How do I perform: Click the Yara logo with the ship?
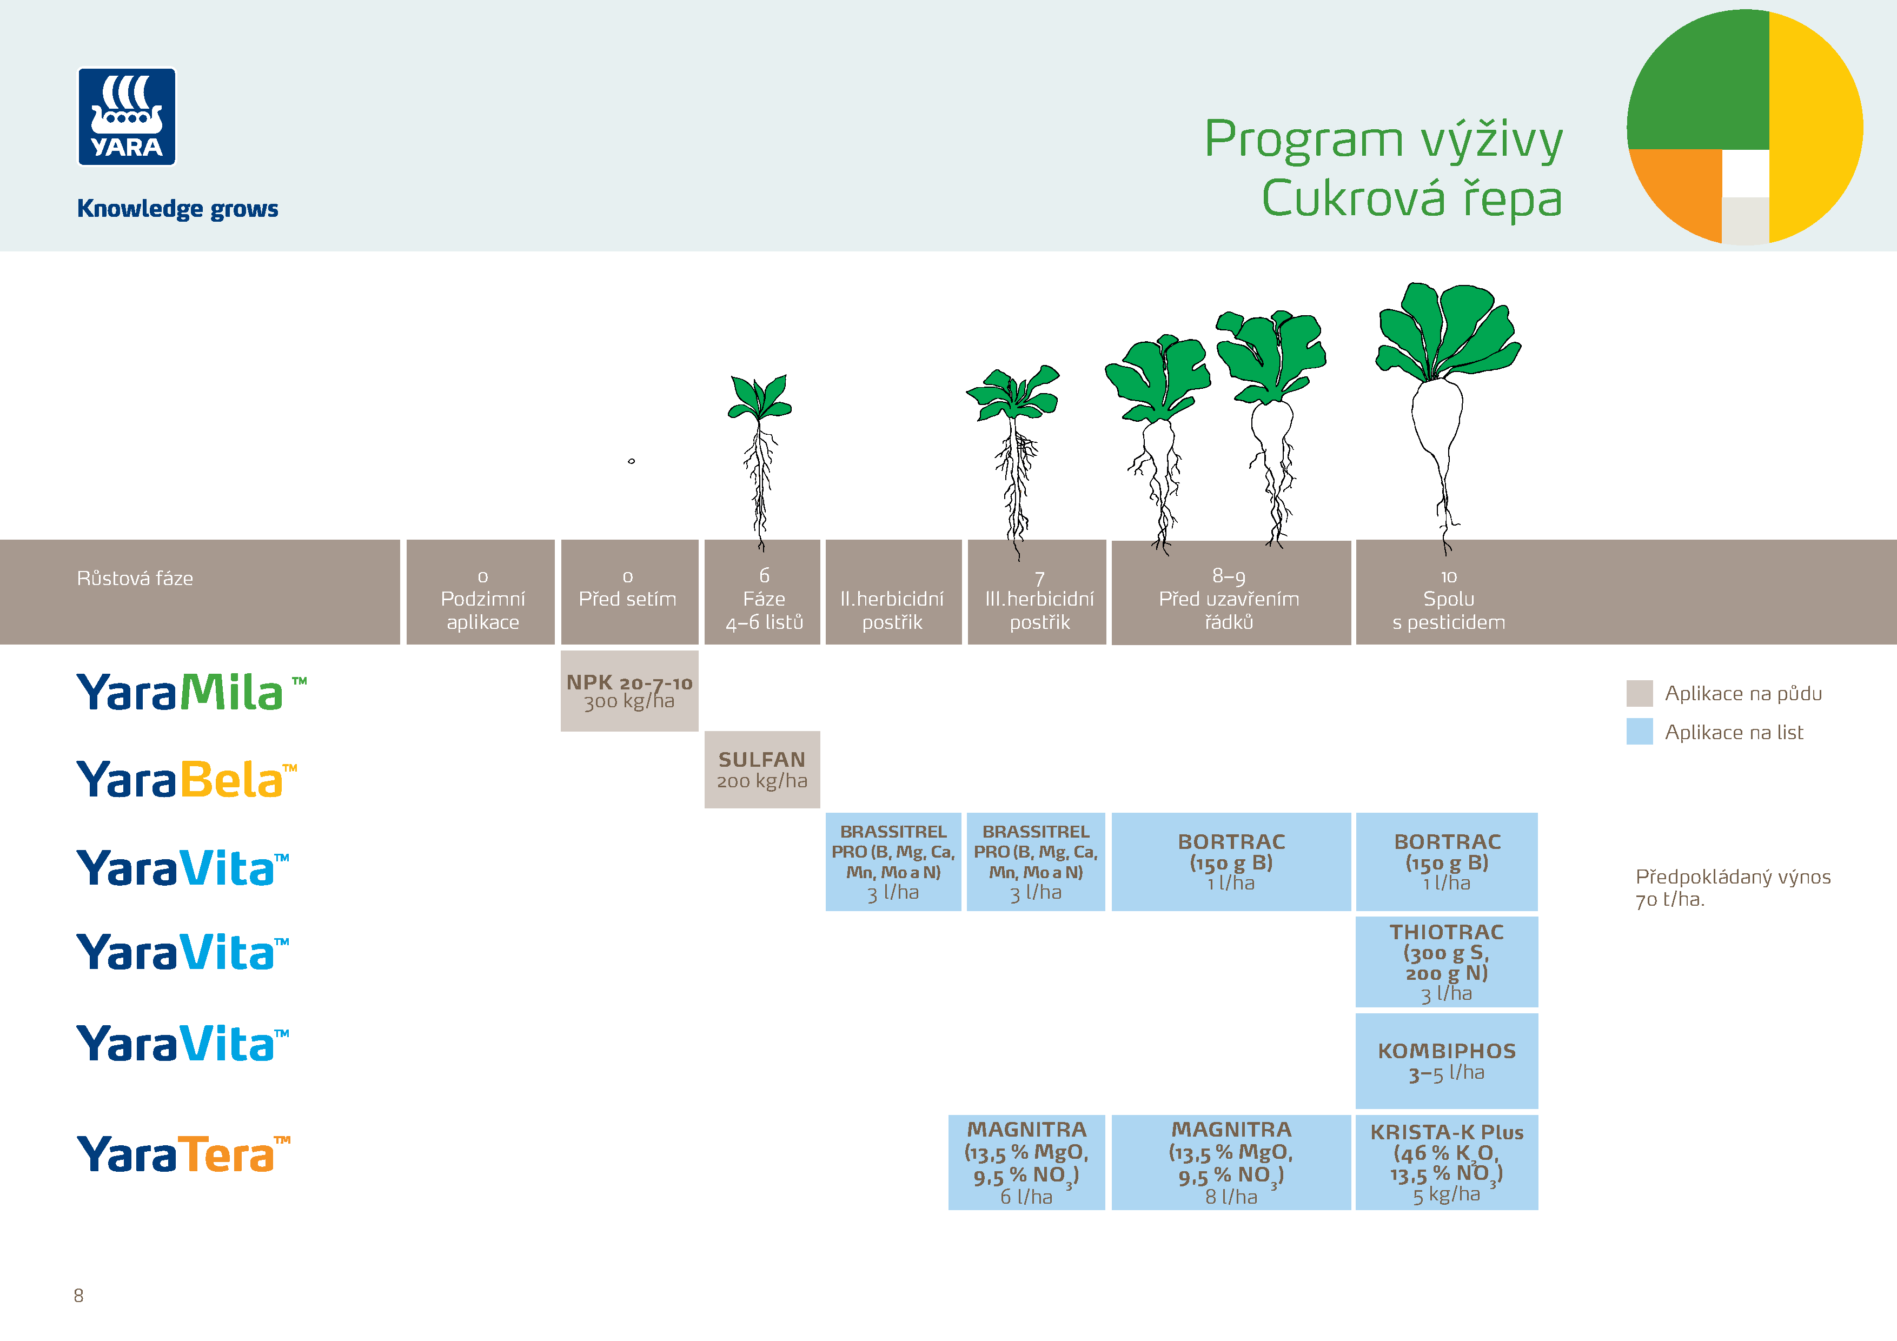(127, 116)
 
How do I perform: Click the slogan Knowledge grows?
(177, 208)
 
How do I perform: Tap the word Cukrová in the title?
(1352, 198)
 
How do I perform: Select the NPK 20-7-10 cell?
(629, 691)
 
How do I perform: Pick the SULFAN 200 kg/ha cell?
(762, 769)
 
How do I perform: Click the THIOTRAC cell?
(1446, 962)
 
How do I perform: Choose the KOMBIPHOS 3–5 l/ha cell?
(1446, 1061)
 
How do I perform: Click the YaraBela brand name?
(186, 779)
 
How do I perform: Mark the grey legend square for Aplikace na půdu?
(1639, 693)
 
